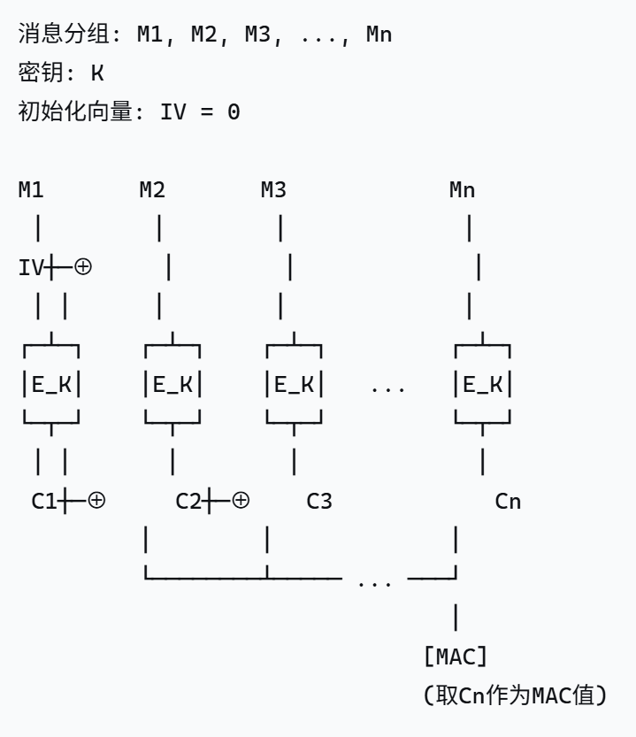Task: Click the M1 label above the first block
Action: [x=31, y=189]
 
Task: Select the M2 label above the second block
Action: [x=152, y=189]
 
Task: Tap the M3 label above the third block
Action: [x=273, y=189]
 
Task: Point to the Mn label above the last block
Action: [x=463, y=189]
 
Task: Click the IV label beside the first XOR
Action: [x=31, y=267]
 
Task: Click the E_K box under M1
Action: [x=51, y=385]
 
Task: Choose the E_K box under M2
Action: [x=172, y=385]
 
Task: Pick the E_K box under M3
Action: [x=294, y=385]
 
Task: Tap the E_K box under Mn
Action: [x=483, y=385]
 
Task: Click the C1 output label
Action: [x=44, y=502]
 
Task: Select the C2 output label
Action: [x=188, y=502]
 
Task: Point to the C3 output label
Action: [x=319, y=502]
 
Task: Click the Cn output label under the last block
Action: [x=508, y=502]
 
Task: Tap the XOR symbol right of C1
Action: [x=96, y=501]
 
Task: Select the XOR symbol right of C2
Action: [x=240, y=501]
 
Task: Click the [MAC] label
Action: [x=456, y=657]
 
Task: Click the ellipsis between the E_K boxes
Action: [x=387, y=387]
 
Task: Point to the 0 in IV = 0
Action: [x=234, y=112]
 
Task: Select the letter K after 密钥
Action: [x=97, y=73]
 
